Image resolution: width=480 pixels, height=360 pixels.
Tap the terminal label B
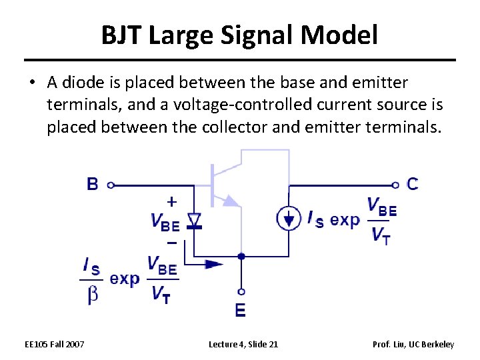[93, 184]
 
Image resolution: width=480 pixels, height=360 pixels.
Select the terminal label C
[413, 184]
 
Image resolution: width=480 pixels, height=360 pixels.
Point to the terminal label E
[240, 310]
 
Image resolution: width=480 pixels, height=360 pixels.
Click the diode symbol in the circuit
[193, 220]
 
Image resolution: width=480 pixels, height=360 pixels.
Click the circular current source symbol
[289, 218]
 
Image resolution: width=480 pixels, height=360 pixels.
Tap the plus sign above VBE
[171, 201]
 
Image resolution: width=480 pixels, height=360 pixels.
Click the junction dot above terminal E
[241, 255]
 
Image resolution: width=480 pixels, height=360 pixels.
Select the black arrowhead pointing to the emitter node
[213, 264]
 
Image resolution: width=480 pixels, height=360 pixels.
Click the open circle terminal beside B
[111, 185]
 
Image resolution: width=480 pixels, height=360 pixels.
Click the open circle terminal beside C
[396, 185]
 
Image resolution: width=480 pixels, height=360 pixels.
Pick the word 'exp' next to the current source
[345, 219]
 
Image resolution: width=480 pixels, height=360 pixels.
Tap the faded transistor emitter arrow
[230, 200]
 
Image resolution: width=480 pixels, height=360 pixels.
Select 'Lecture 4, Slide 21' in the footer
[243, 344]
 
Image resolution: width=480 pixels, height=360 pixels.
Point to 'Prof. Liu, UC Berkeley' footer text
[413, 344]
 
